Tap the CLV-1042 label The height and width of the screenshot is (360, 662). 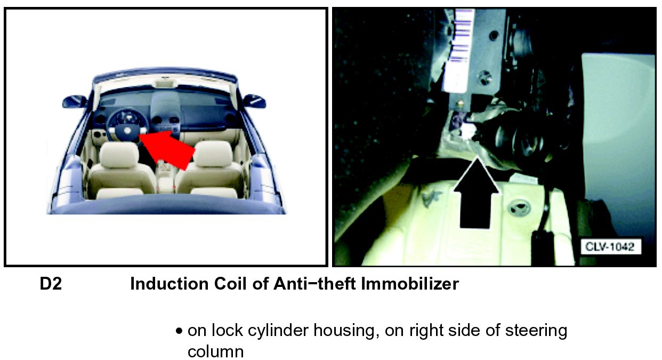[611, 246]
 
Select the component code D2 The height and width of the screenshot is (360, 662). [51, 284]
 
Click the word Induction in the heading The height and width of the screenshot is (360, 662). [169, 284]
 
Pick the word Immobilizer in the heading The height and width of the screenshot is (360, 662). [410, 284]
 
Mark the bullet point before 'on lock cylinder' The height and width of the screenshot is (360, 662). [179, 331]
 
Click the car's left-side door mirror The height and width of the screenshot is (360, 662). [74, 101]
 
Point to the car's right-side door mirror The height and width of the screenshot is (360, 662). [254, 101]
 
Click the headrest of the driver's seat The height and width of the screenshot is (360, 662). [119, 154]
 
